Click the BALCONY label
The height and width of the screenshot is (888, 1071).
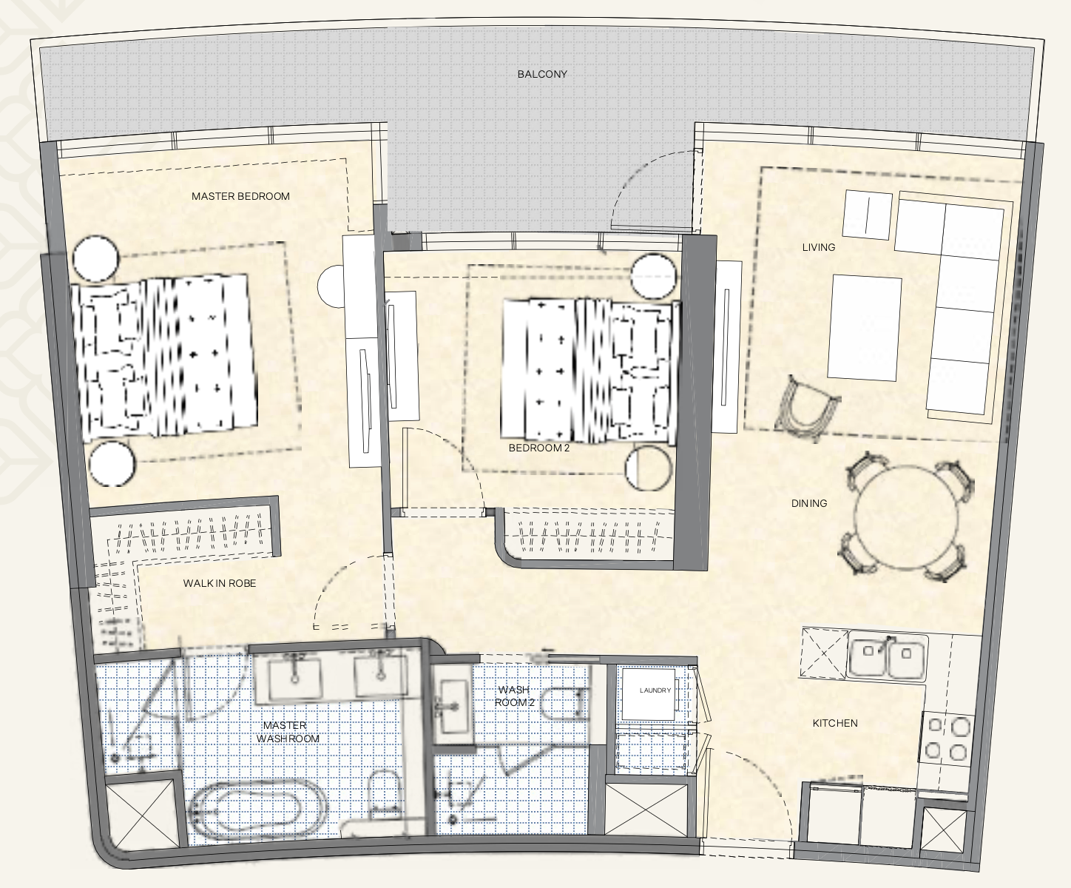pos(542,75)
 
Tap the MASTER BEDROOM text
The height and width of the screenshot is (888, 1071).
pos(240,196)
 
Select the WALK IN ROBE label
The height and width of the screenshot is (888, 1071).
pos(220,583)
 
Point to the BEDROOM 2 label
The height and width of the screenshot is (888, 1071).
pos(539,448)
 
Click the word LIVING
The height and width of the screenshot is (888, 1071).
pos(819,247)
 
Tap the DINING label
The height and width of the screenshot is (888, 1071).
pos(809,503)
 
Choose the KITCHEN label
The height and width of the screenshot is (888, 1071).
pos(835,723)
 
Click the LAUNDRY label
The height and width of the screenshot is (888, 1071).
pos(655,690)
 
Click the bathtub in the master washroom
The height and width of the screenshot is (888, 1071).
pos(258,813)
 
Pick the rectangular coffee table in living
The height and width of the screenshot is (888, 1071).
pos(865,328)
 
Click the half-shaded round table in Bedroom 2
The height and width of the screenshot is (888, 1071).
pos(649,468)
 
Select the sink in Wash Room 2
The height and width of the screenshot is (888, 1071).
pos(454,706)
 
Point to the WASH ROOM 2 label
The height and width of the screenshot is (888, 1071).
pos(515,696)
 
